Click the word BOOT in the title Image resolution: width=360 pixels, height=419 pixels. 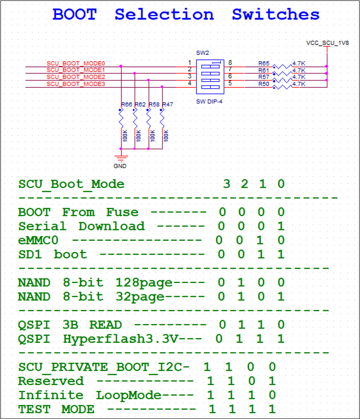point(74,14)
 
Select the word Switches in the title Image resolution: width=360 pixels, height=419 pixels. point(275,14)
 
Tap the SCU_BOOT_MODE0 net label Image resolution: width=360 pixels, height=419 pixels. point(75,63)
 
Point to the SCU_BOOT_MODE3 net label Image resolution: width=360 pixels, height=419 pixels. point(75,84)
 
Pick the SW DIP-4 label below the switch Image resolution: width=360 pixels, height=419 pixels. point(209,101)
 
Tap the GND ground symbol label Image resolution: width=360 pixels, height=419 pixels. point(120,166)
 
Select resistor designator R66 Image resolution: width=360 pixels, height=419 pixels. point(127,104)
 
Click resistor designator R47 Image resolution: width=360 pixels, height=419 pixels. point(168,104)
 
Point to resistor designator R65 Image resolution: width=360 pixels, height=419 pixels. point(264,63)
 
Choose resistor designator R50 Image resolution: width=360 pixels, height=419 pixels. point(264,84)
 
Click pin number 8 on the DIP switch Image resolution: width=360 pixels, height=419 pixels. point(230,63)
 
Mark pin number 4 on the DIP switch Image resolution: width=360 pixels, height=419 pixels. point(189,83)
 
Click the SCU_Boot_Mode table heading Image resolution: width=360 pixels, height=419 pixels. point(71,184)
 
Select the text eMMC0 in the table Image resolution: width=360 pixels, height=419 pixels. point(38,241)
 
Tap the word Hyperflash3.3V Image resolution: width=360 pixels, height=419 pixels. point(121,339)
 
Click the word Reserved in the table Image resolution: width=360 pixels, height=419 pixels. point(51,381)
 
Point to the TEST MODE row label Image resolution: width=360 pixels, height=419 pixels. point(56,409)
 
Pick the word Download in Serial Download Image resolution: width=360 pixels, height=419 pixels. point(111,226)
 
